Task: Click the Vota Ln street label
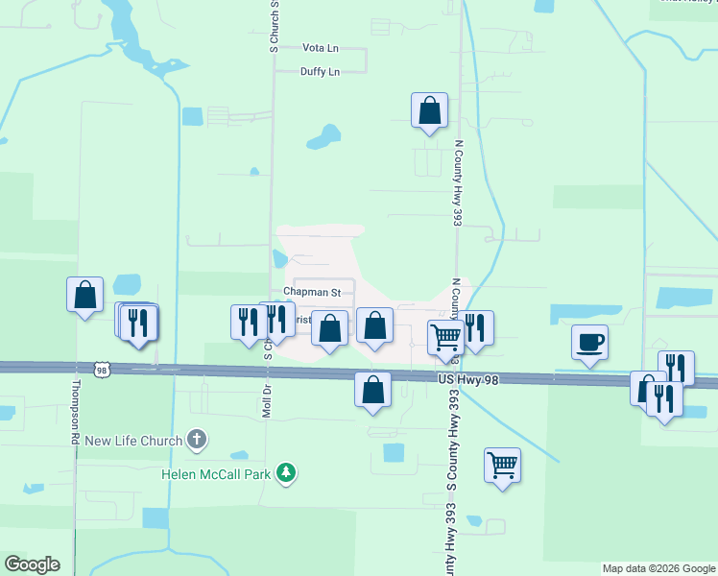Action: point(321,47)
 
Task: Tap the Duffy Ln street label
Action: point(320,72)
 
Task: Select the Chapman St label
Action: point(312,291)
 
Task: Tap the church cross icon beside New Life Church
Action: point(196,441)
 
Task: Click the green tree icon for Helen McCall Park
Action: point(285,472)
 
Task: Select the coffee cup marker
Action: point(588,342)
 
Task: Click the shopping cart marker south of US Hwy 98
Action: point(502,466)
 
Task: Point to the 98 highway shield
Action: point(103,369)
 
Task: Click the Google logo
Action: point(32,564)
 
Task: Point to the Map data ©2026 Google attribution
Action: point(658,568)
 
